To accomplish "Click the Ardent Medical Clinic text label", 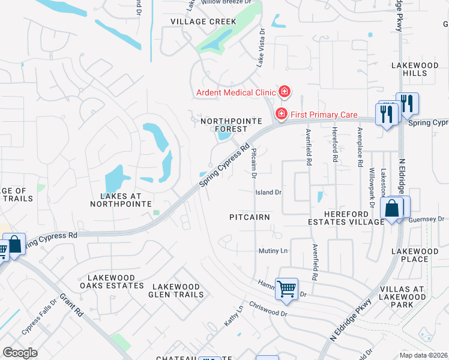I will [235, 92].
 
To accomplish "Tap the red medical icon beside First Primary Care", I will [280, 113].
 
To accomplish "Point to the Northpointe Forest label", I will [223, 125].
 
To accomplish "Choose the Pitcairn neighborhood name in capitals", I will [250, 216].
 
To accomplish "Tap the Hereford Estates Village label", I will [345, 217].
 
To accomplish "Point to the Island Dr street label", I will [268, 193].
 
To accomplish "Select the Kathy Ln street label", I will [234, 316].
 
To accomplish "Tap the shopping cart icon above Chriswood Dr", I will [286, 289].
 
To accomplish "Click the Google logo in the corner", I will [20, 352].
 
